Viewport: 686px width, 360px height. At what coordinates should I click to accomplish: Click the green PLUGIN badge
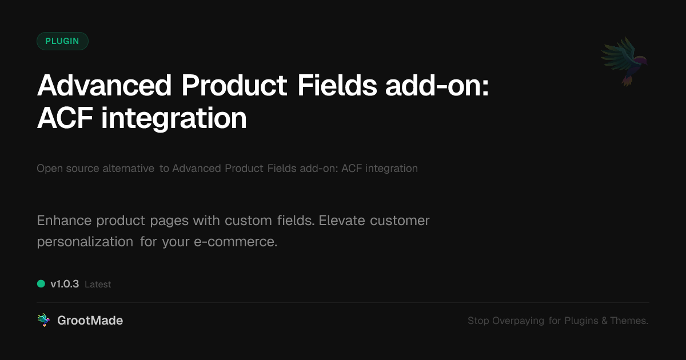pos(62,41)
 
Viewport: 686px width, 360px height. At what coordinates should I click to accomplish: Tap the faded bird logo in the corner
pos(624,62)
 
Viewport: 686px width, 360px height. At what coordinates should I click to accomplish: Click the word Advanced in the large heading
pos(104,85)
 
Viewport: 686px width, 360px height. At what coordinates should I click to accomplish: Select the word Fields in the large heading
pos(337,85)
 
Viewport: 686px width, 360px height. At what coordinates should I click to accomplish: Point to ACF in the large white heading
pos(65,118)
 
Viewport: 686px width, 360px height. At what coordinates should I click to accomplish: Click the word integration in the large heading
pos(174,119)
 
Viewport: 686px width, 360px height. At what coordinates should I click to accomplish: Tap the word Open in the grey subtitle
pos(50,169)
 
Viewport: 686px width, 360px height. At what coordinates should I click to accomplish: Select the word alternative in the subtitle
pos(128,169)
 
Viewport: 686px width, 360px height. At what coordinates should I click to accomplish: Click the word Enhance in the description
pos(64,221)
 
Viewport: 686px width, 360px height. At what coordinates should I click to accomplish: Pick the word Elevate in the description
pos(342,221)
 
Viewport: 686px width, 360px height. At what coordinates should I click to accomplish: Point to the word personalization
pos(85,242)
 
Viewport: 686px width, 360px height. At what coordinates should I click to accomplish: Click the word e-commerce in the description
pos(236,242)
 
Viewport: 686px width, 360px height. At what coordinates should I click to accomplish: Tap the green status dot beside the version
pos(41,284)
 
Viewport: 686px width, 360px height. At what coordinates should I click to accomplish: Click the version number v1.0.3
pos(65,284)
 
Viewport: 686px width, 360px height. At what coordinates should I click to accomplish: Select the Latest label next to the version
pos(98,285)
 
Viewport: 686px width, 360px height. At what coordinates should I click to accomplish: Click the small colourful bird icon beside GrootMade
pos(43,320)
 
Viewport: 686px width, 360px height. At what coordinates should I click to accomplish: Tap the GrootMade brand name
pos(90,321)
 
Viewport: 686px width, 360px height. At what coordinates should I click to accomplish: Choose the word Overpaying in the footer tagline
pos(518,321)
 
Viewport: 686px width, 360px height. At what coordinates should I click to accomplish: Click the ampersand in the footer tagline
pos(604,321)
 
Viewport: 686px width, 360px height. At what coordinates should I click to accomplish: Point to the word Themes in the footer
pos(629,321)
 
